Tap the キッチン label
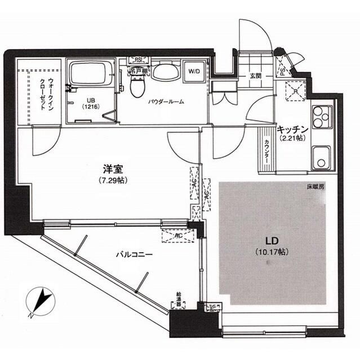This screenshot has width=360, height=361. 291,128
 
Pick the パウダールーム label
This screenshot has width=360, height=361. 167,102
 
